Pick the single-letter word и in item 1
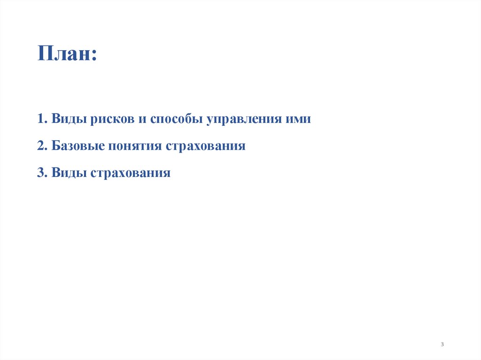[142, 119]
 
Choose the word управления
[243, 119]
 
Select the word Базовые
[78, 146]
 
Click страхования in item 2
[205, 146]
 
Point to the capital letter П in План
[46, 53]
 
